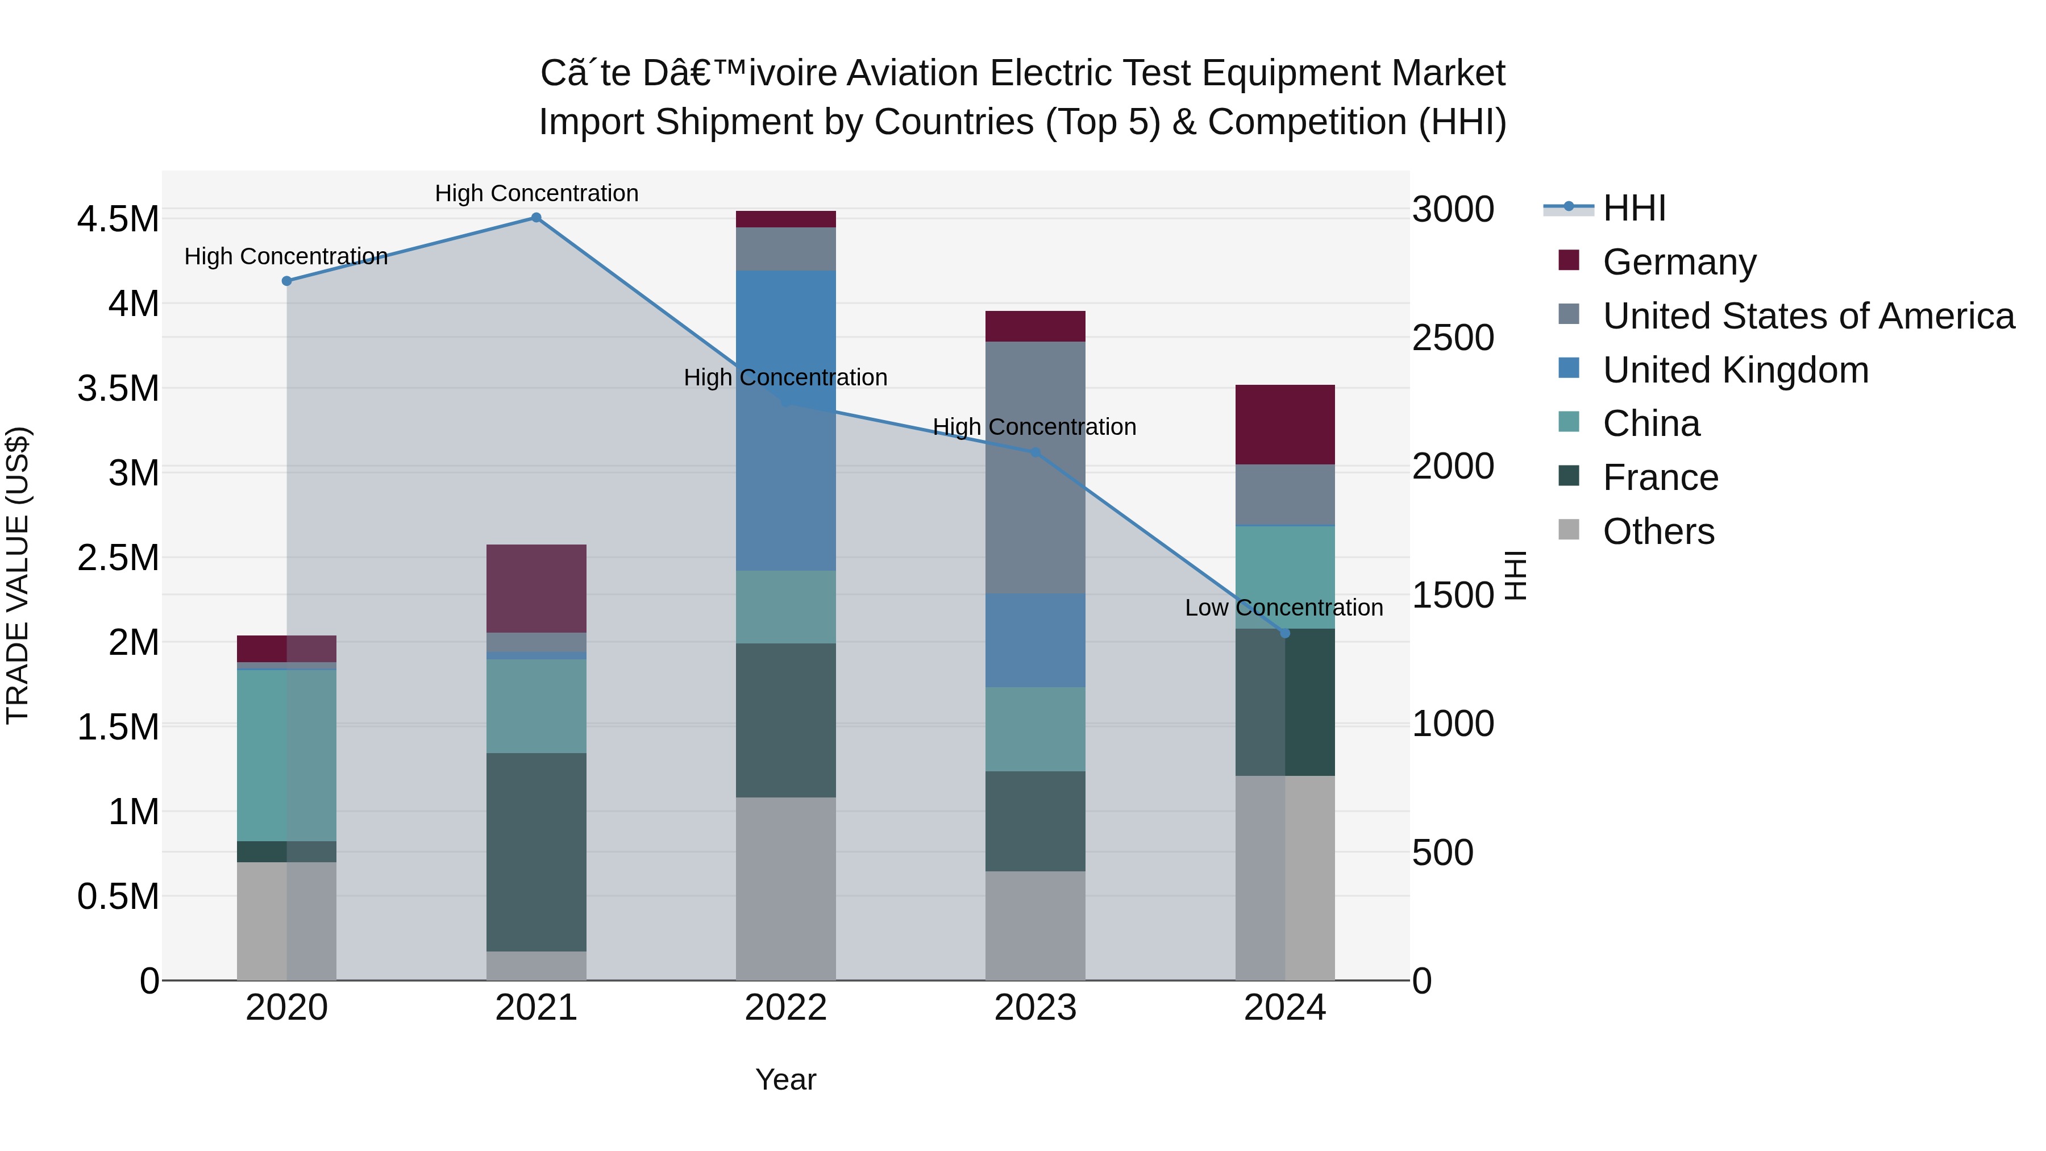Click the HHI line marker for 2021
[536, 218]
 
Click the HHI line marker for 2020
[287, 281]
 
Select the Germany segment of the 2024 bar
[1284, 425]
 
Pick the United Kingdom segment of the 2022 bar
[785, 421]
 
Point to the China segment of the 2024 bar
[1284, 577]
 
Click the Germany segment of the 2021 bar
[536, 589]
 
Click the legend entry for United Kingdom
[1736, 370]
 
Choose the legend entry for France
[1660, 478]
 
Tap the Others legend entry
[1658, 532]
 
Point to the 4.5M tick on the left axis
[118, 219]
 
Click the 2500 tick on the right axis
[1453, 338]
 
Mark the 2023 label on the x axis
[1035, 1008]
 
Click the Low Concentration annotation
[1283, 608]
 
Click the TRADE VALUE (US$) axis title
[18, 575]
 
